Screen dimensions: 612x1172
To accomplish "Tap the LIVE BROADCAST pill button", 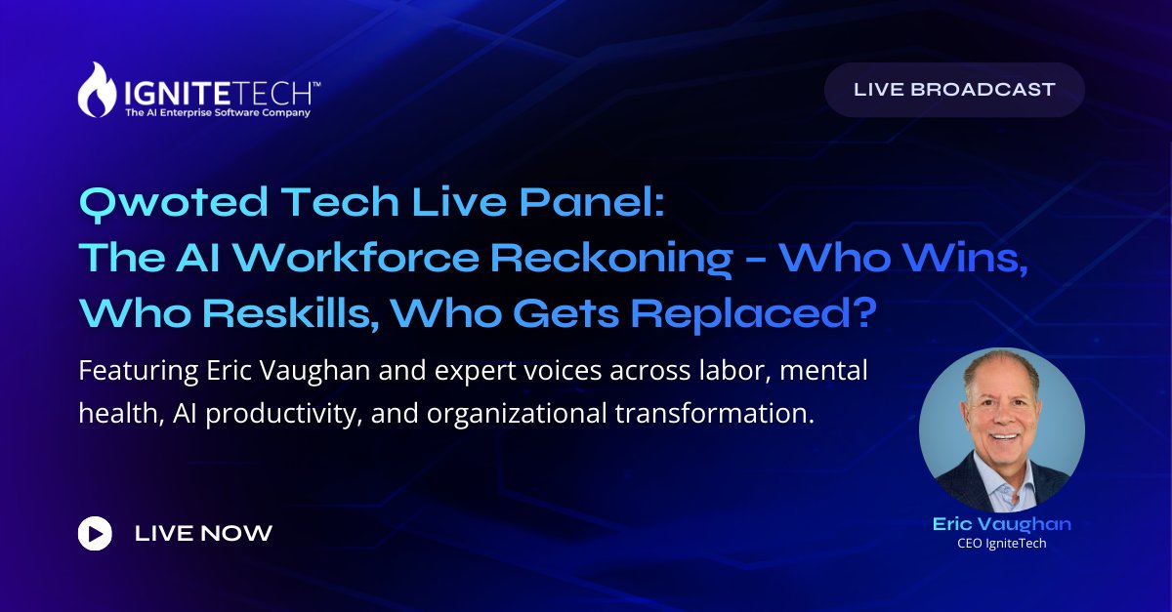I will pyautogui.click(x=954, y=90).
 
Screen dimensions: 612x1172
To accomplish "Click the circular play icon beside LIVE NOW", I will pyautogui.click(x=95, y=534).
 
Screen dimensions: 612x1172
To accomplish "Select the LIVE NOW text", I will pyautogui.click(x=203, y=534).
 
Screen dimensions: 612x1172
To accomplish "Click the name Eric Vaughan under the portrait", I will pyautogui.click(x=1001, y=524).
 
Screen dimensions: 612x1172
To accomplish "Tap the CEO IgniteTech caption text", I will pyautogui.click(x=1001, y=544).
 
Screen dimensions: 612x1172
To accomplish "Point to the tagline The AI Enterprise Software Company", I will pyautogui.click(x=218, y=113).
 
